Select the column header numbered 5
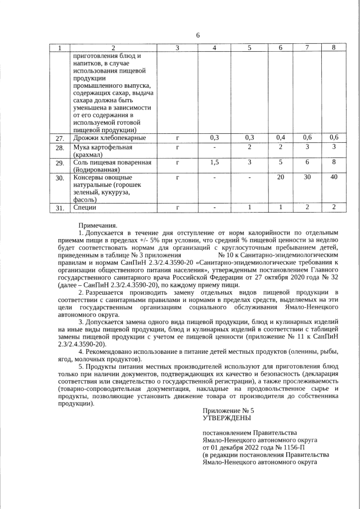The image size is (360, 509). [x=249, y=48]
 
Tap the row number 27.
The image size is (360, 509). [x=60, y=138]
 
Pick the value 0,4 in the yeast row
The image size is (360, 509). [x=281, y=137]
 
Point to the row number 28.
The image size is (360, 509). [x=60, y=148]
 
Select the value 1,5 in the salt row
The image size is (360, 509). [x=214, y=163]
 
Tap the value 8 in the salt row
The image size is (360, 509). [x=334, y=163]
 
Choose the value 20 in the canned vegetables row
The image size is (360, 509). [x=281, y=178]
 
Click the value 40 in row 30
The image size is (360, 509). [x=334, y=178]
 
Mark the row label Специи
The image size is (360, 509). [x=85, y=208]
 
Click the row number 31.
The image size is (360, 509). [x=60, y=208]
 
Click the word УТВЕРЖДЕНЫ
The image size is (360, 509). [x=227, y=418]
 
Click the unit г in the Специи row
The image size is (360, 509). [x=177, y=208]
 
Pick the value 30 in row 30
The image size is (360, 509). [x=307, y=178]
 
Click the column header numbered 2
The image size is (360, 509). [x=112, y=48]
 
